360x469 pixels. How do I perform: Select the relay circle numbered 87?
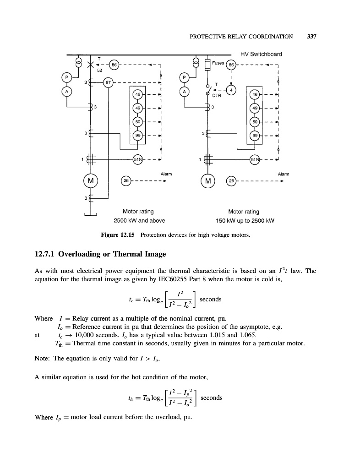[109, 83]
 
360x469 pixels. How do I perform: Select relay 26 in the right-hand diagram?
[232, 180]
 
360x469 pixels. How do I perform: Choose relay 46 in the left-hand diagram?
[137, 95]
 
